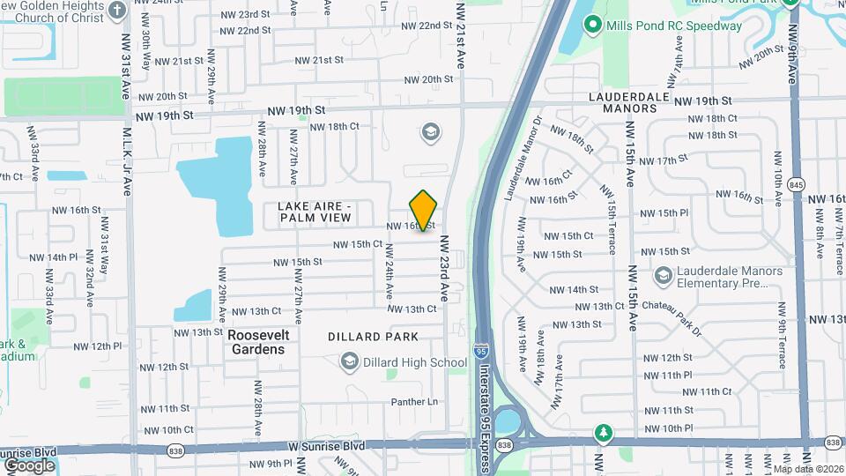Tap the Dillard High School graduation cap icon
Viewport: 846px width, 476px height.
click(x=350, y=361)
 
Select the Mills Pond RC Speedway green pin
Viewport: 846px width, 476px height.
click(x=593, y=26)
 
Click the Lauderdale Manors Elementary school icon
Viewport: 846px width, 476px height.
click(x=663, y=277)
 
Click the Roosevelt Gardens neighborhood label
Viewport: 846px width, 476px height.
click(x=256, y=342)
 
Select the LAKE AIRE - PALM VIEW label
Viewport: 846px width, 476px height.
click(x=315, y=212)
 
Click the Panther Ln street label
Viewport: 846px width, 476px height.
click(x=415, y=402)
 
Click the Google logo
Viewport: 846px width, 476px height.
click(x=29, y=465)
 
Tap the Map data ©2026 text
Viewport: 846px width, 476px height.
click(x=807, y=469)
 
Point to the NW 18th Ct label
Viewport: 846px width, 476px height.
click(x=335, y=126)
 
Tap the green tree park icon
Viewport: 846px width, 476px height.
click(x=604, y=433)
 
